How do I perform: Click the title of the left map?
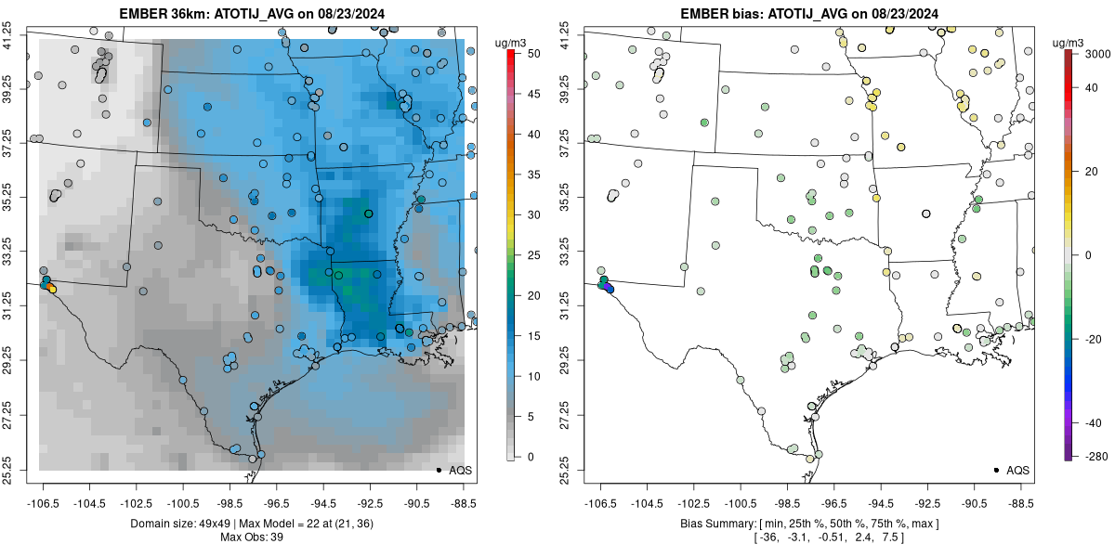[252, 14]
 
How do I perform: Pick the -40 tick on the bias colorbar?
[1089, 422]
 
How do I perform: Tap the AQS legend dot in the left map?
[438, 470]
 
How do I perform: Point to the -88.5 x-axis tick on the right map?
[1020, 502]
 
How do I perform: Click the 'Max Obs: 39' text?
[252, 538]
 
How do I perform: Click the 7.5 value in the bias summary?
[889, 538]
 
